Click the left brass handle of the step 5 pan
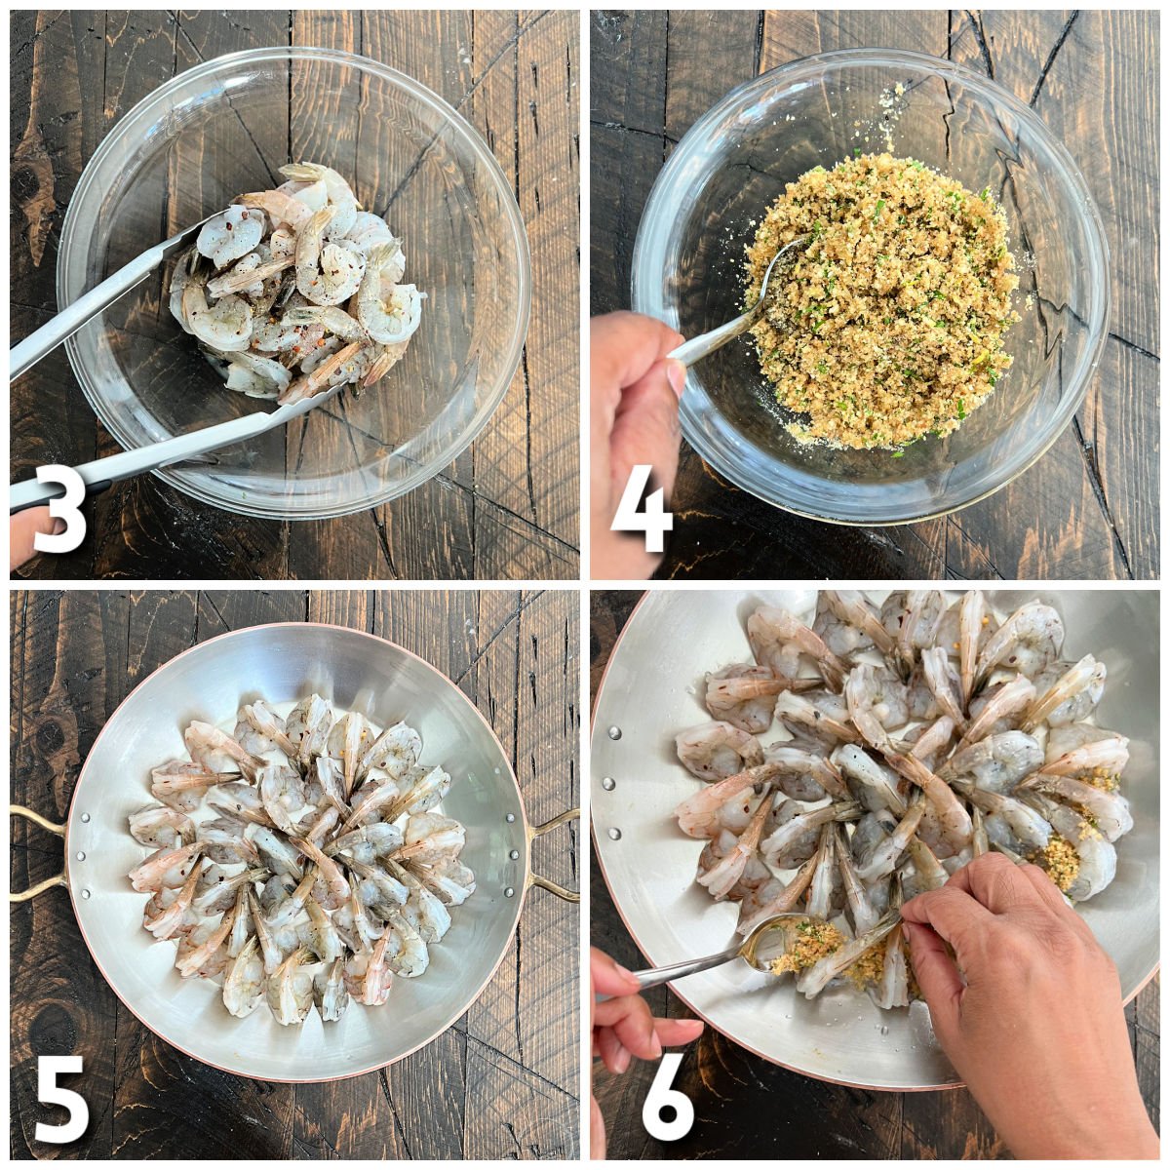point(39,853)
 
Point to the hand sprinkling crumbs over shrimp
point(1014,965)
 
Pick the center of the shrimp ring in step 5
point(302,848)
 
